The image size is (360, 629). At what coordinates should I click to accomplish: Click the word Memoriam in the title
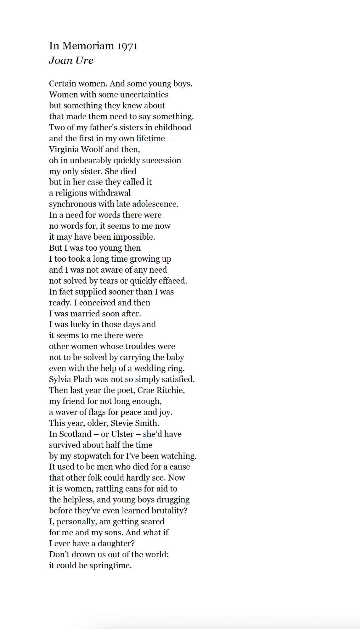click(x=88, y=46)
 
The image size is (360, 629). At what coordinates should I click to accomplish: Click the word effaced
click(x=173, y=281)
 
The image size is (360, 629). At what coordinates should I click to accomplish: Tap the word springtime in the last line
click(x=110, y=565)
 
